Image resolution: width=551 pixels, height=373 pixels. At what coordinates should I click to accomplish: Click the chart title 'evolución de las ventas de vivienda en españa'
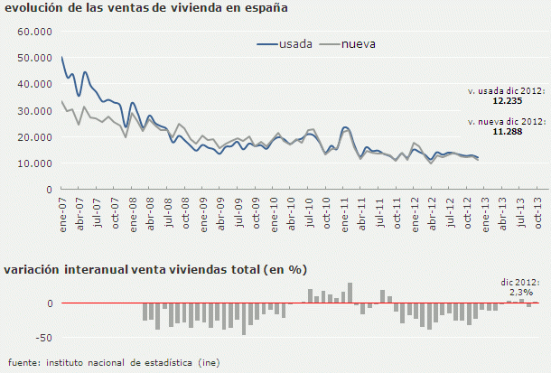point(146,9)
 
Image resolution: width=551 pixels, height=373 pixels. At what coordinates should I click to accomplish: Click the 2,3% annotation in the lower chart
point(520,293)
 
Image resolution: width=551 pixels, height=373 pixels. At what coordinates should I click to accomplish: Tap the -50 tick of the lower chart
point(42,337)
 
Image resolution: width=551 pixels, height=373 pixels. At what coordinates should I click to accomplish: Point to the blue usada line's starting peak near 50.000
point(61,58)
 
